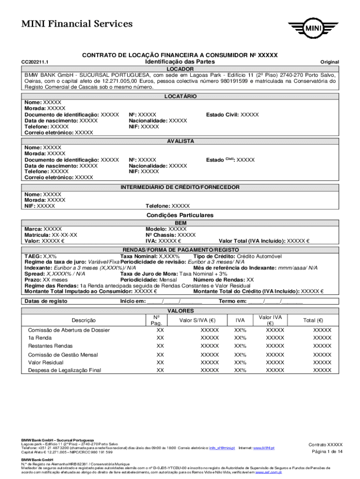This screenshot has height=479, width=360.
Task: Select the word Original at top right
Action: [x=329, y=62]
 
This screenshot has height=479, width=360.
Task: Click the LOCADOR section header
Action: [x=180, y=68]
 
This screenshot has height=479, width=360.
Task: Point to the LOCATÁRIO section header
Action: [x=180, y=96]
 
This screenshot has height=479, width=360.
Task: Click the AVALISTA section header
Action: [x=180, y=141]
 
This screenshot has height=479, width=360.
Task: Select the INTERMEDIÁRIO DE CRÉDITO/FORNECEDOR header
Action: [x=180, y=187]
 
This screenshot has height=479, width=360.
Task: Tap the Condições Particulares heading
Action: [x=180, y=215]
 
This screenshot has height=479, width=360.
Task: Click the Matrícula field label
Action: [x=37, y=235]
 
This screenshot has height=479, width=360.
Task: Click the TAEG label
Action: [x=33, y=257]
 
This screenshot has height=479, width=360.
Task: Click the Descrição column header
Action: [x=84, y=320]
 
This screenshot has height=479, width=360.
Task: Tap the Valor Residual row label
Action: [x=46, y=363]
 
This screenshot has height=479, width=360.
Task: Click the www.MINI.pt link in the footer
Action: [x=264, y=448]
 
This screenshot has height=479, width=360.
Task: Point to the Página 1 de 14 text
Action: [x=327, y=451]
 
